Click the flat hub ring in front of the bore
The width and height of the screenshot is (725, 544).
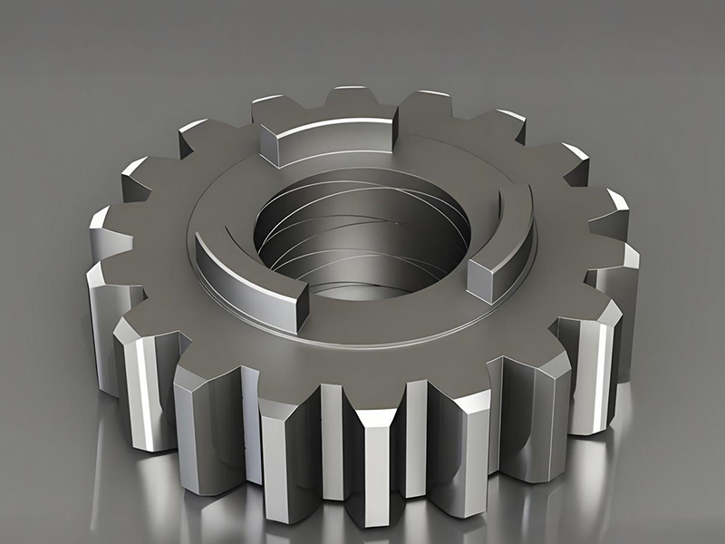(381, 317)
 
